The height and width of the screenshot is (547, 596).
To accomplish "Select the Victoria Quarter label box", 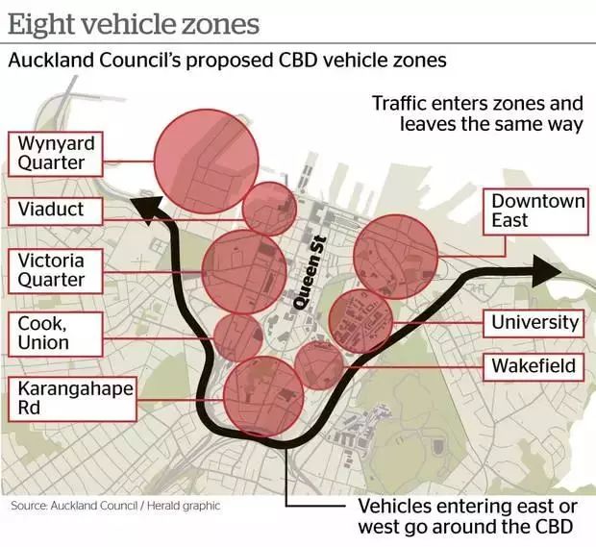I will [x=57, y=270].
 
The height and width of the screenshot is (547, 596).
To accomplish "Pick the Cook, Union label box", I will [x=49, y=333].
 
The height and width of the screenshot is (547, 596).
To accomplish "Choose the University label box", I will [x=534, y=323].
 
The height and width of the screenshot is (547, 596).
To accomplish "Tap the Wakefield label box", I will [x=534, y=366].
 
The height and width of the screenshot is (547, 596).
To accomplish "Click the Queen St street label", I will [x=309, y=272].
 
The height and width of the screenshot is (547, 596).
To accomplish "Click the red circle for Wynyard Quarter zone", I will [x=207, y=161].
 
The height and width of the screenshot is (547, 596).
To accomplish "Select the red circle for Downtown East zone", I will [x=396, y=257].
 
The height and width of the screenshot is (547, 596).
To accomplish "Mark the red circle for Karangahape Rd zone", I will [x=262, y=395].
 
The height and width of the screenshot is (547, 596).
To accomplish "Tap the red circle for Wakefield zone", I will [x=318, y=366].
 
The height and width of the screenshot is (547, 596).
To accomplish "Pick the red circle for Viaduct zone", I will [x=269, y=209].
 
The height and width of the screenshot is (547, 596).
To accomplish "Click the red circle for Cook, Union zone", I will [x=237, y=336].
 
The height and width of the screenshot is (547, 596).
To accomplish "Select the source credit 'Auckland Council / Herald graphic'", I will [x=115, y=506].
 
